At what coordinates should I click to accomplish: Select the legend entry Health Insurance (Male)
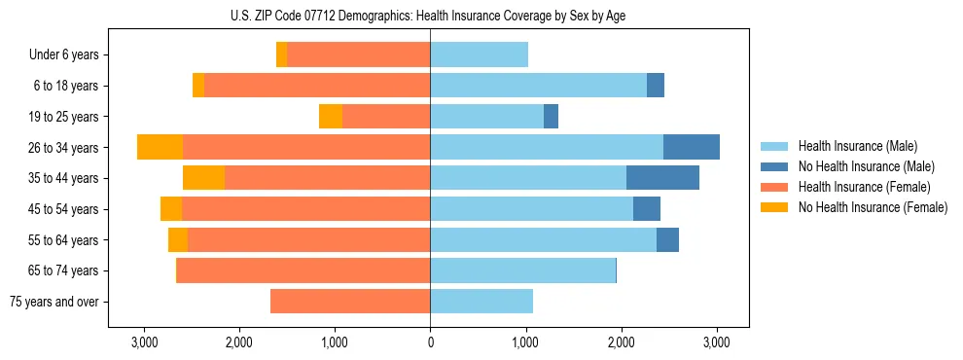click(857, 146)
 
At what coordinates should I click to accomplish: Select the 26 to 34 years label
click(65, 148)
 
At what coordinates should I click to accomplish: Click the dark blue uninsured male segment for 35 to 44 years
click(662, 178)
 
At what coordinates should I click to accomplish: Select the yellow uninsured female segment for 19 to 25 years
click(331, 117)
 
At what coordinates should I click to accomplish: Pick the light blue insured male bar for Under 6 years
click(479, 55)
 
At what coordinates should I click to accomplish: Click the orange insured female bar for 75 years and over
click(350, 302)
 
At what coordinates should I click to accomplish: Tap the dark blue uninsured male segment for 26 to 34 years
click(691, 148)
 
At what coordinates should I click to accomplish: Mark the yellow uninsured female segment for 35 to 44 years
click(203, 178)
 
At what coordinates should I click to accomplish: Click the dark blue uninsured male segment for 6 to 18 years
click(656, 86)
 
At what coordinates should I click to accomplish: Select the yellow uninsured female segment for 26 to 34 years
click(160, 148)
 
